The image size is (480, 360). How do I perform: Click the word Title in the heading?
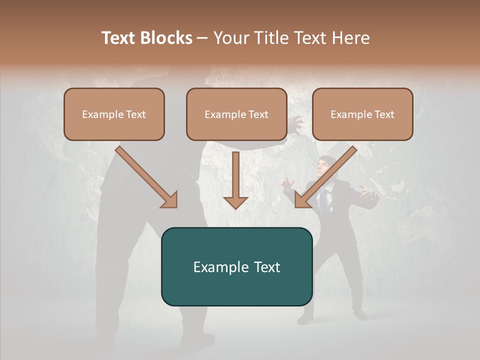[x=270, y=38]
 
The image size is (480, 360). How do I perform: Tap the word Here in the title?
[x=351, y=38]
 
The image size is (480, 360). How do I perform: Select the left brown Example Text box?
[x=114, y=114]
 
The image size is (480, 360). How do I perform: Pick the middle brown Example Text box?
[x=236, y=114]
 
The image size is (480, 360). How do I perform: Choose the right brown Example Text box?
[x=362, y=114]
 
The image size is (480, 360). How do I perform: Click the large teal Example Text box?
[x=236, y=266]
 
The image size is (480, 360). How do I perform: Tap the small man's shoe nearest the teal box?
[x=305, y=318]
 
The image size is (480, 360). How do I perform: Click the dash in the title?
[x=202, y=38]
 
